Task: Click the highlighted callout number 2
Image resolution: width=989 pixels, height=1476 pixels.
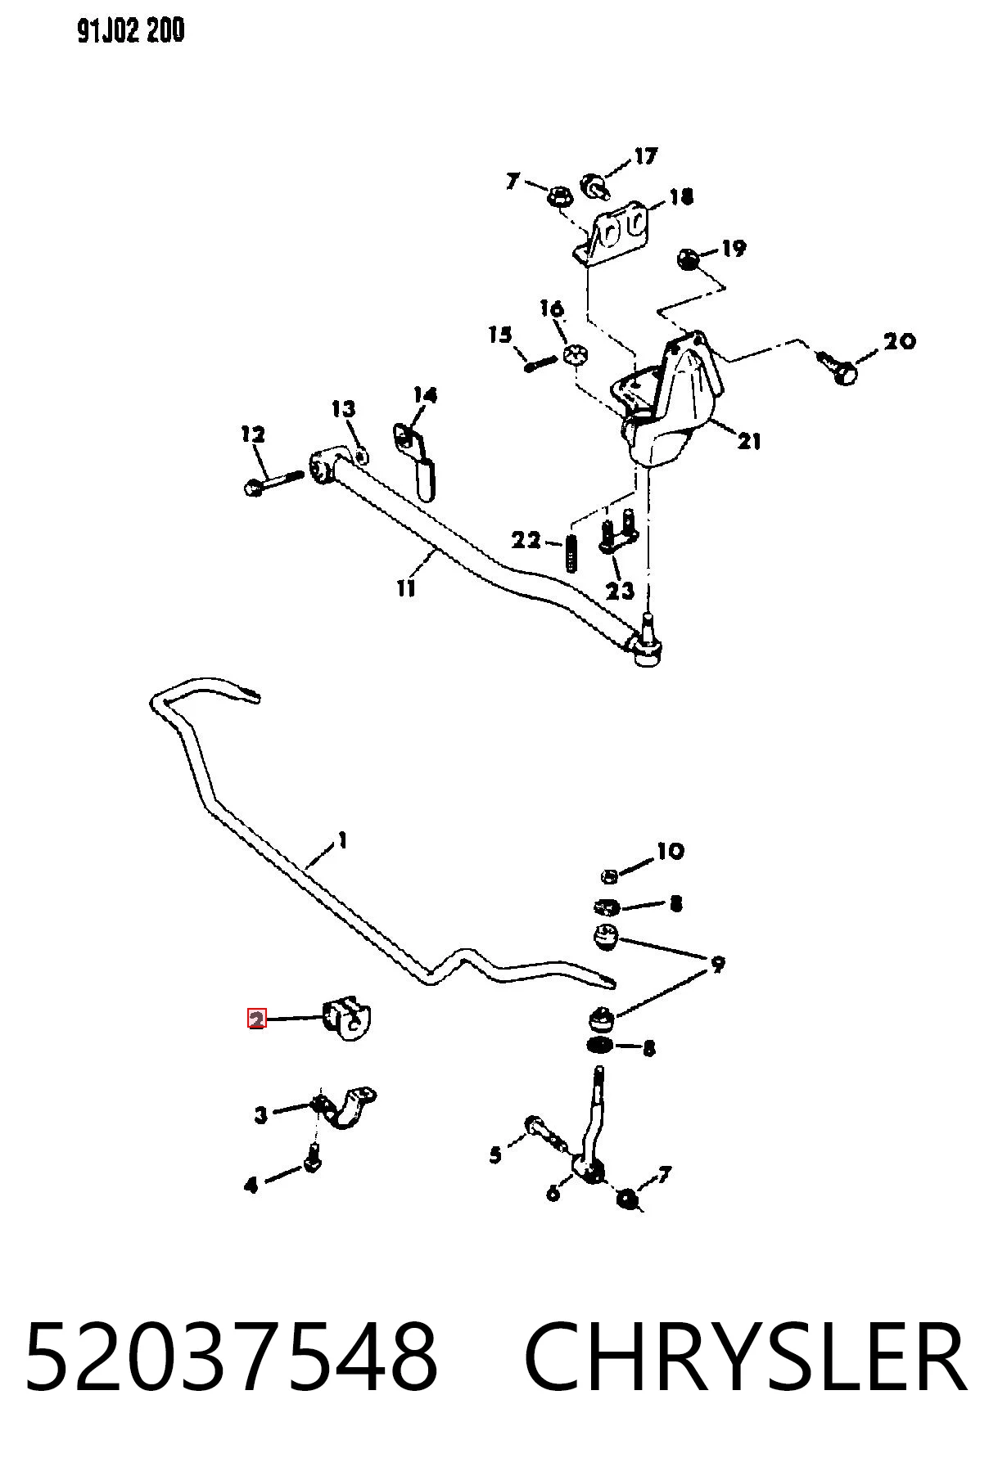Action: [x=257, y=1019]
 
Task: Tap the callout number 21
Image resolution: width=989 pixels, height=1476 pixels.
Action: [x=748, y=441]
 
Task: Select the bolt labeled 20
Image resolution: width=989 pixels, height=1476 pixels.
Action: [x=837, y=367]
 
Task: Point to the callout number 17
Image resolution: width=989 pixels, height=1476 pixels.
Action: [x=646, y=155]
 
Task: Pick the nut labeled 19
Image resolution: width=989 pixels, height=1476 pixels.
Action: [x=688, y=260]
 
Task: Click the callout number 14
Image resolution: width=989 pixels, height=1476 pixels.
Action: [x=425, y=395]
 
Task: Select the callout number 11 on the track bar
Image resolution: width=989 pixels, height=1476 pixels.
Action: [x=406, y=587]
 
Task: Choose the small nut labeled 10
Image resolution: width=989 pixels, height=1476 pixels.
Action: [x=609, y=876]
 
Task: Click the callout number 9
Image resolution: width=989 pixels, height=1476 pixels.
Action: [x=717, y=965]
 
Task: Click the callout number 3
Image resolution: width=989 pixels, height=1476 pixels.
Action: [x=261, y=1114]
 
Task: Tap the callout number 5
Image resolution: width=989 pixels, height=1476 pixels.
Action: [x=495, y=1154]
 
